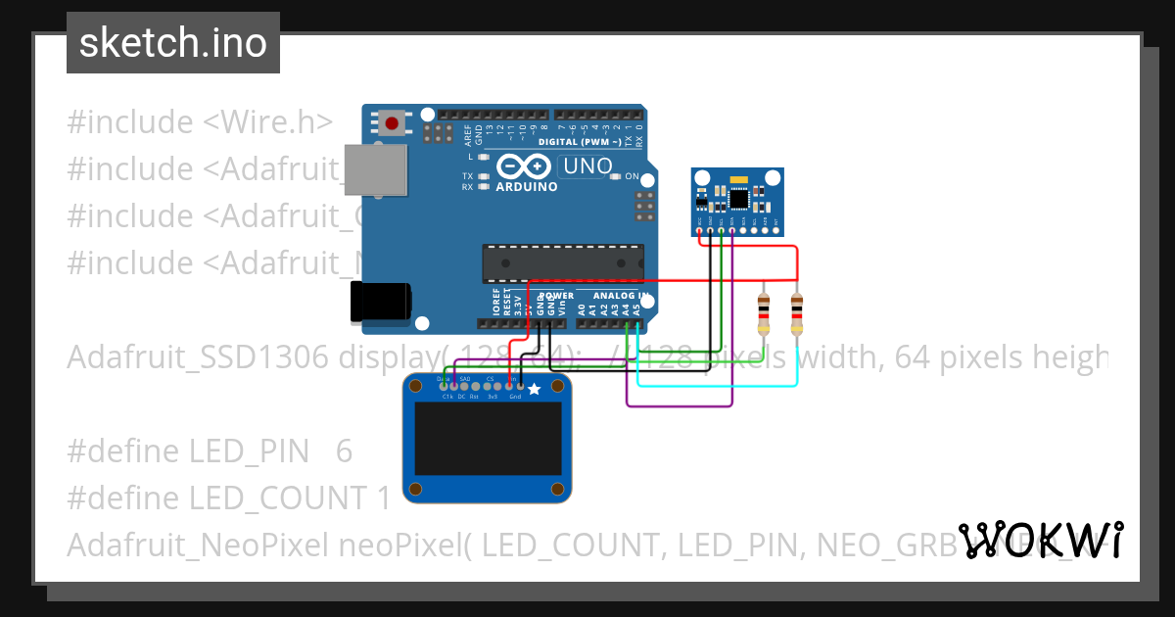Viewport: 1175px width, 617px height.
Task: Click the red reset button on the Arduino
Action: click(x=393, y=123)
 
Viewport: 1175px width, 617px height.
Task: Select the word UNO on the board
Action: click(x=587, y=166)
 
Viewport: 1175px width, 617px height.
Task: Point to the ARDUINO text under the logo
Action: click(x=527, y=186)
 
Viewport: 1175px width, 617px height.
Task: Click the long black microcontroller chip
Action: click(x=562, y=262)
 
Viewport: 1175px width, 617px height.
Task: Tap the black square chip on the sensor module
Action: click(x=738, y=199)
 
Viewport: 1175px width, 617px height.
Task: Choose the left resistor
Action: click(x=764, y=312)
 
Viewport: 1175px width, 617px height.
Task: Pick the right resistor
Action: click(x=796, y=312)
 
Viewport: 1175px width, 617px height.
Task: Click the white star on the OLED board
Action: click(x=534, y=389)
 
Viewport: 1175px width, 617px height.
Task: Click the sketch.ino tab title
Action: click(x=173, y=43)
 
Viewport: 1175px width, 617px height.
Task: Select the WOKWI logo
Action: click(x=1040, y=541)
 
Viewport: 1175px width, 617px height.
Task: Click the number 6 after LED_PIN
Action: click(x=344, y=451)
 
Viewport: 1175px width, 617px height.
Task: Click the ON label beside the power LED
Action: click(x=633, y=177)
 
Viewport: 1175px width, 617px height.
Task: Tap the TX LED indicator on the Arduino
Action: click(x=481, y=176)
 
